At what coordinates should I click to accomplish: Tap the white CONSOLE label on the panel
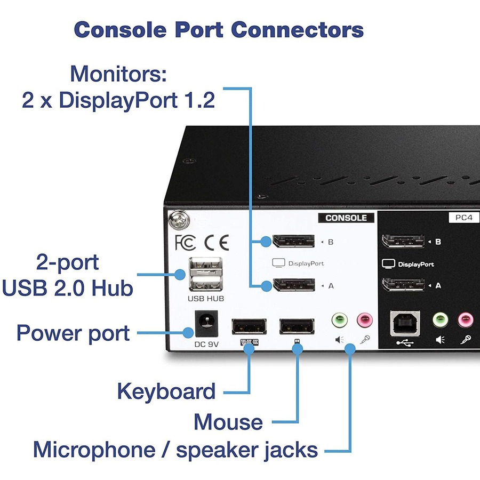point(346,218)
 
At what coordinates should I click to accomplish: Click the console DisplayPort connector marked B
point(293,242)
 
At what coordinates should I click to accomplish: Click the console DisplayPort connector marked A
point(293,285)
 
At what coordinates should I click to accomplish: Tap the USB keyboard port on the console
point(249,326)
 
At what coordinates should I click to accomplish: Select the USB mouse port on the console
point(297,326)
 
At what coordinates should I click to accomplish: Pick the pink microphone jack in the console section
point(365,320)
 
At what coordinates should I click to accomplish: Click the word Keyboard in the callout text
point(166,391)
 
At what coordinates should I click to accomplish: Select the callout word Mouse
point(228,422)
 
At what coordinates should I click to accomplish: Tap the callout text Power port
point(73,333)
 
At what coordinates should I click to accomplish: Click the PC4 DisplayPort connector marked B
point(403,241)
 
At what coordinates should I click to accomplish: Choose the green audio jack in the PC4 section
point(439,320)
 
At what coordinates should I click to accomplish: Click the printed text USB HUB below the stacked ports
point(205,299)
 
